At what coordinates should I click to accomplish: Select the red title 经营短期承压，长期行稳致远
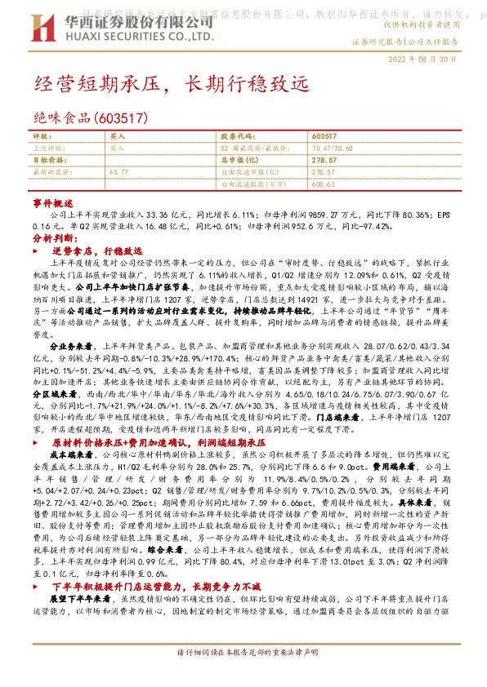pos(172,84)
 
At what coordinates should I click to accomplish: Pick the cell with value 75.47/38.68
pos(334,148)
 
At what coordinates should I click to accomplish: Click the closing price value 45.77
pos(118,172)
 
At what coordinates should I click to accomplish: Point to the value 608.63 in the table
pos(324,184)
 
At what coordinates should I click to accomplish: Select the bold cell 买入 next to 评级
pos(118,135)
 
